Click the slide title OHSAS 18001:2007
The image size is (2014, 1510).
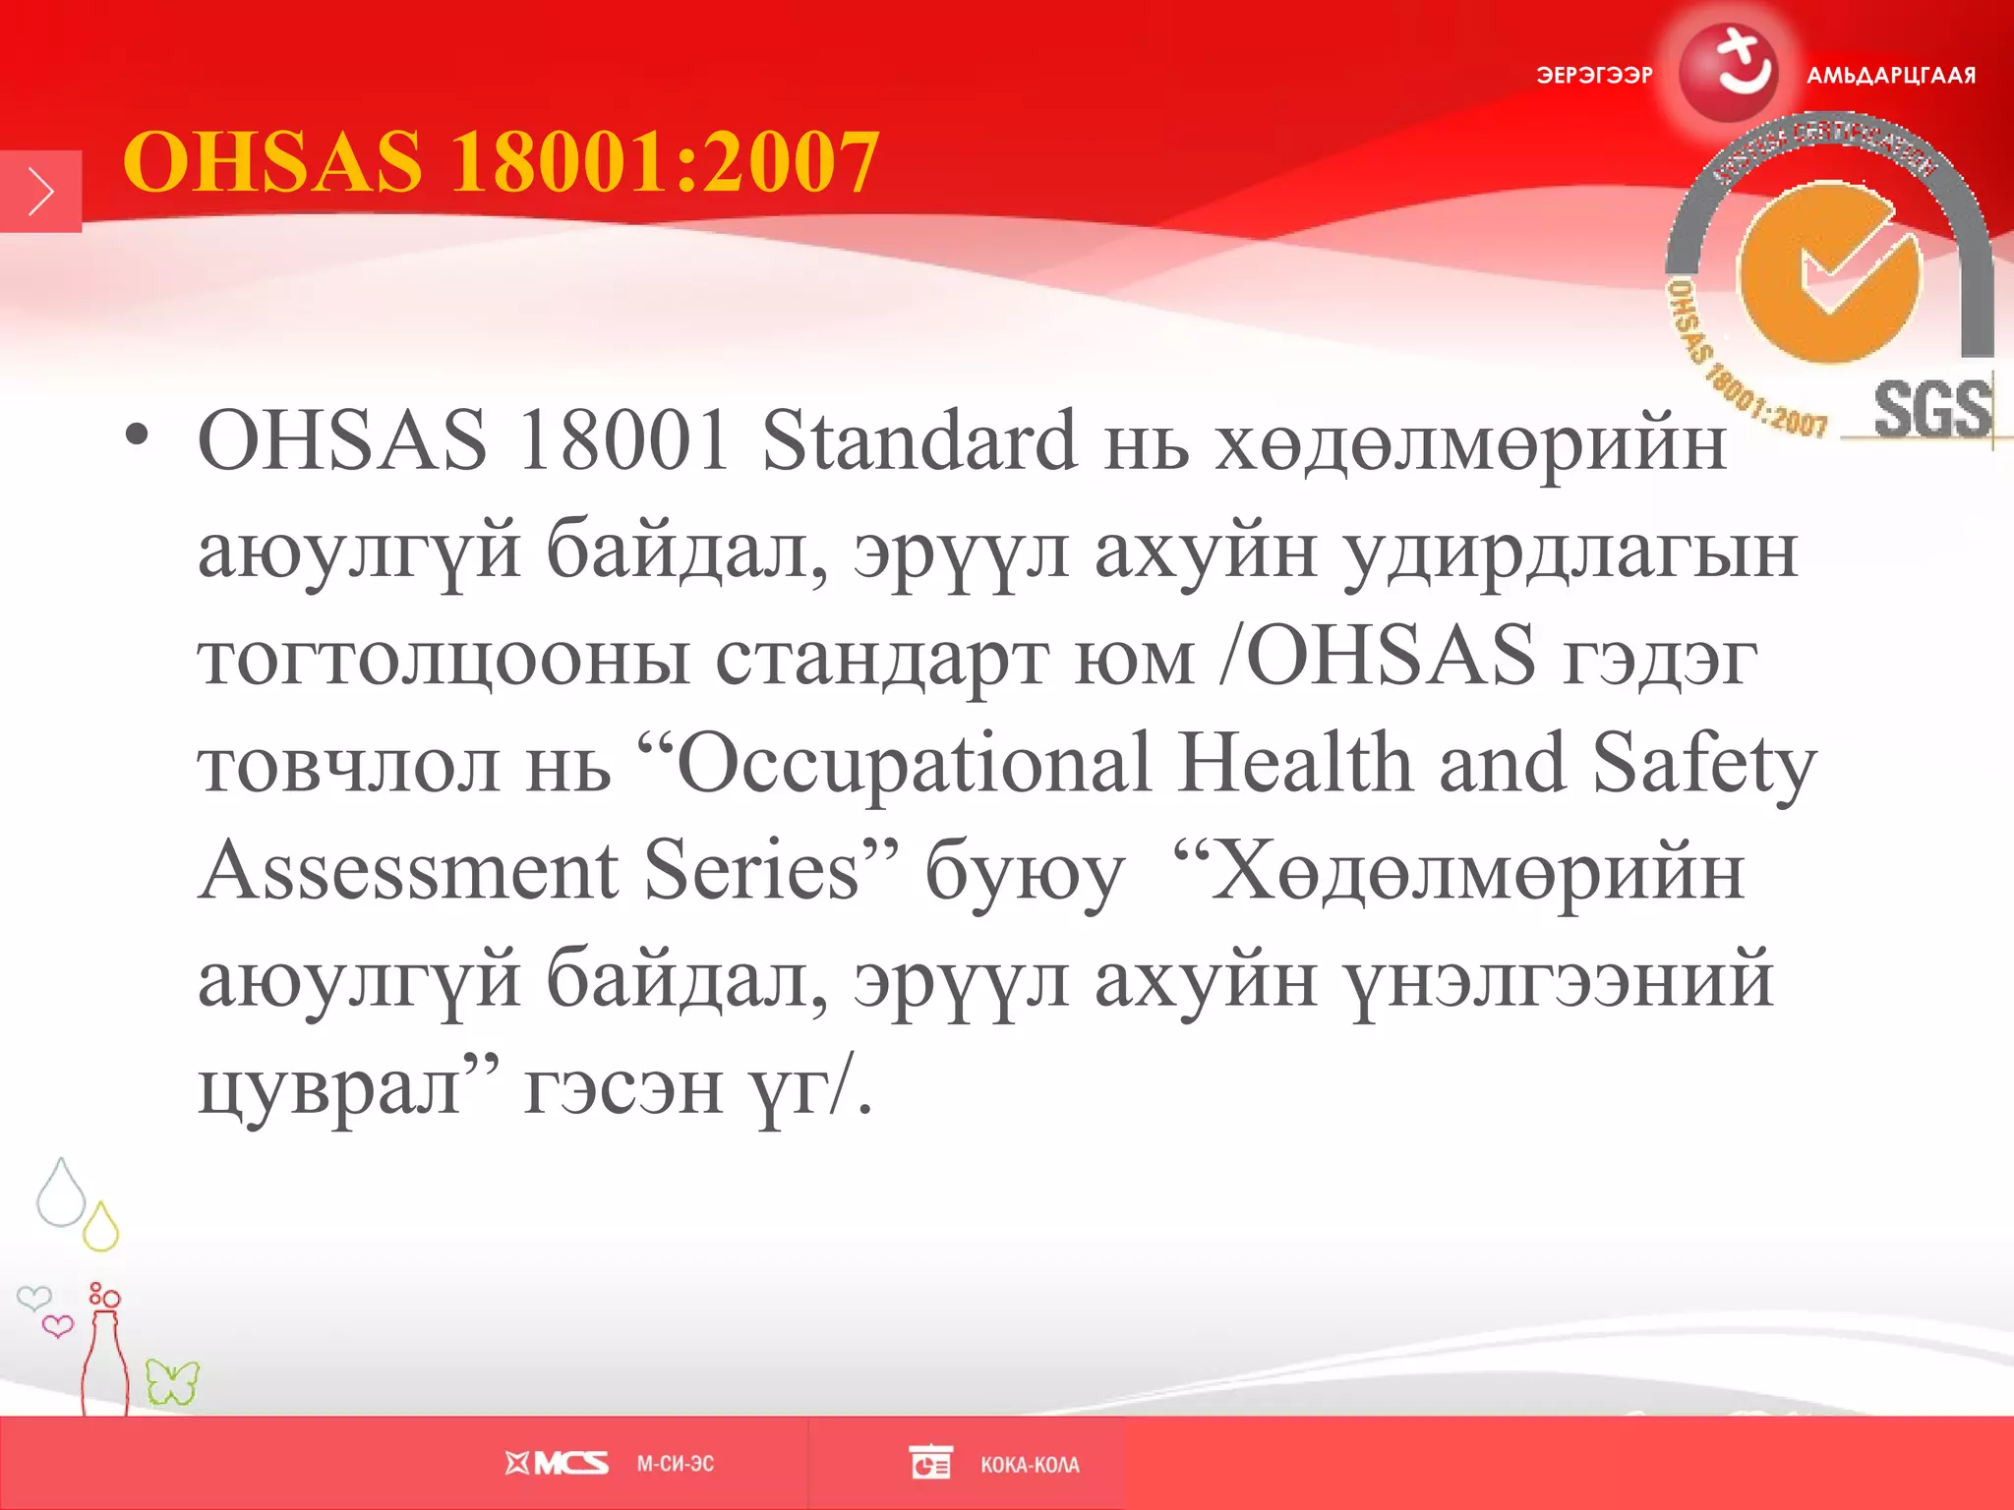point(500,162)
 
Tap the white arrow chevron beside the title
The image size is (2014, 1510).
point(40,192)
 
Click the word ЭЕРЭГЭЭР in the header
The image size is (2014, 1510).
point(1594,76)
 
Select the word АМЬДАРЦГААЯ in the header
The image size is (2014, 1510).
point(1890,76)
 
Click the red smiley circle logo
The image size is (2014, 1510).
point(1728,71)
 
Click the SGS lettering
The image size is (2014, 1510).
point(1931,410)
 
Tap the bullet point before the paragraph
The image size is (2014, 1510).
point(137,436)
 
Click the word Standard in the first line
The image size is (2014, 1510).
point(918,440)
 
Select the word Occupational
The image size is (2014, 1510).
point(914,765)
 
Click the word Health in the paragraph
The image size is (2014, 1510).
point(1295,763)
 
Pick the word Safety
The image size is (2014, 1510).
point(1703,765)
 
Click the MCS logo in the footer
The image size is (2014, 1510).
point(557,1464)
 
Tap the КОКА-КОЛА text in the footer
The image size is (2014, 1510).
point(1030,1465)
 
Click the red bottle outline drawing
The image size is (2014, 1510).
point(103,1362)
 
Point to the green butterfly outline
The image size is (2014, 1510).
point(172,1382)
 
